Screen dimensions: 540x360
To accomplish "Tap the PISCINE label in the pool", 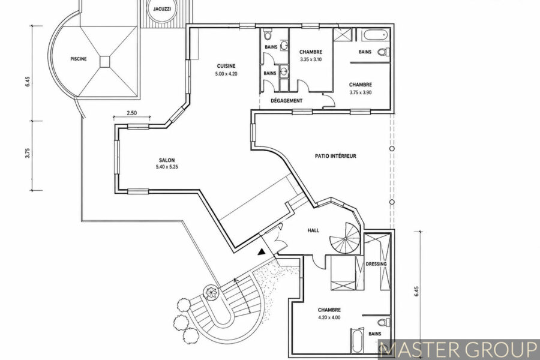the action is pyautogui.click(x=79, y=59).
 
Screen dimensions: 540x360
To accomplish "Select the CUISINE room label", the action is pyautogui.click(x=226, y=66).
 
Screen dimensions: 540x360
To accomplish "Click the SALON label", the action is pyautogui.click(x=167, y=160).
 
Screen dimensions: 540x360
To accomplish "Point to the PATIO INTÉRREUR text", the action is pyautogui.click(x=335, y=156).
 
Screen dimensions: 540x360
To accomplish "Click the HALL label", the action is pyautogui.click(x=313, y=230).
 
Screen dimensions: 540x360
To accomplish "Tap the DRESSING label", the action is pyautogui.click(x=376, y=264).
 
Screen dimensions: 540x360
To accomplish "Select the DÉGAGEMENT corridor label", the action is pyautogui.click(x=287, y=101).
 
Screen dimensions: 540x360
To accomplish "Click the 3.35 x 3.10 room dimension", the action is pyautogui.click(x=311, y=59).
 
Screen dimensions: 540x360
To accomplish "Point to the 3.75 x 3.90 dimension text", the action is pyautogui.click(x=361, y=92).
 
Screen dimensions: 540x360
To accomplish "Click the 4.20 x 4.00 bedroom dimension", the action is pyautogui.click(x=329, y=317).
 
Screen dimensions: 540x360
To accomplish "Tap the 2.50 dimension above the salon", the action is pyautogui.click(x=131, y=113).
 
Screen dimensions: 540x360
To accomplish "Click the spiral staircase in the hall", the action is pyautogui.click(x=345, y=238).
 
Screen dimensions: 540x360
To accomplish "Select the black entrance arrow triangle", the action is pyautogui.click(x=262, y=251).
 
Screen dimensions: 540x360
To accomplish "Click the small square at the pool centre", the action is pyautogui.click(x=104, y=62).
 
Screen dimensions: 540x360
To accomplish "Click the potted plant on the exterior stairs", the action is pyautogui.click(x=211, y=292).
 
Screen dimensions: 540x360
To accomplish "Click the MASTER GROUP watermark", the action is pyautogui.click(x=458, y=350).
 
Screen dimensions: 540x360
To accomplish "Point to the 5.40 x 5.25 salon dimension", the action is pyautogui.click(x=167, y=167).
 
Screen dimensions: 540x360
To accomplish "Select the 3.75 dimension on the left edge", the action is pyautogui.click(x=28, y=153).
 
